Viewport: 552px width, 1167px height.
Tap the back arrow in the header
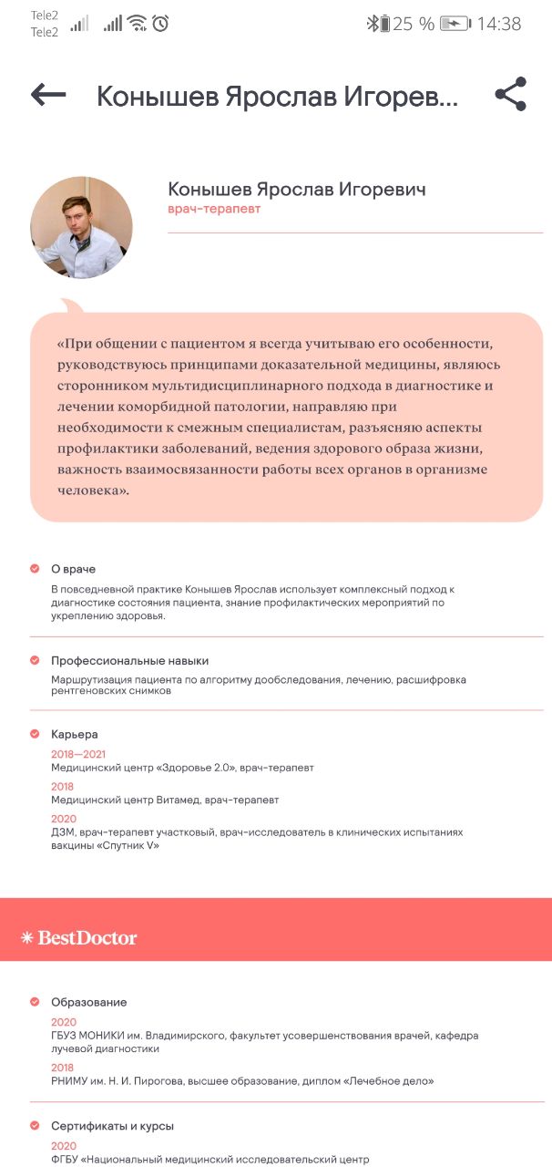(48, 94)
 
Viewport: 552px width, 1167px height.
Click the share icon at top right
(511, 94)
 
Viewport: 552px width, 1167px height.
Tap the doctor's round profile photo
(81, 227)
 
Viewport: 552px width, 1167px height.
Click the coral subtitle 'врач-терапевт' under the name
(214, 210)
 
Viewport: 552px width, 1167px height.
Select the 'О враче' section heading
(73, 569)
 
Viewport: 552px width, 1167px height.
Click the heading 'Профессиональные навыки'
(129, 660)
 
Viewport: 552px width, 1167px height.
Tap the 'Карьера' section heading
(75, 734)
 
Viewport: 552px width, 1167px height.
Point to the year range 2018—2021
(78, 754)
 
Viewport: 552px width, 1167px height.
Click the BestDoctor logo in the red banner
(79, 937)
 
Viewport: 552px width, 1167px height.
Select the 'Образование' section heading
(88, 1002)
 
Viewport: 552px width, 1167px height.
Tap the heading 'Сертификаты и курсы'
(112, 1126)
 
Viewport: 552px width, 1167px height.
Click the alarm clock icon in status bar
(160, 24)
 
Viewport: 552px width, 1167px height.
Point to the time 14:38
(499, 25)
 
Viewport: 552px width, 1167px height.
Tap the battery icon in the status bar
(455, 24)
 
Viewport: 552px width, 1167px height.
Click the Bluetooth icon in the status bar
(372, 24)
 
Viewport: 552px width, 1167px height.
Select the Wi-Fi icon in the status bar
(137, 24)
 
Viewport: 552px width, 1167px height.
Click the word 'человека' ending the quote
(89, 491)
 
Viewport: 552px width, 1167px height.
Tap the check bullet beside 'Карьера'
(35, 734)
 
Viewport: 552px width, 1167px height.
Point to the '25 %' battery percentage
(414, 25)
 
